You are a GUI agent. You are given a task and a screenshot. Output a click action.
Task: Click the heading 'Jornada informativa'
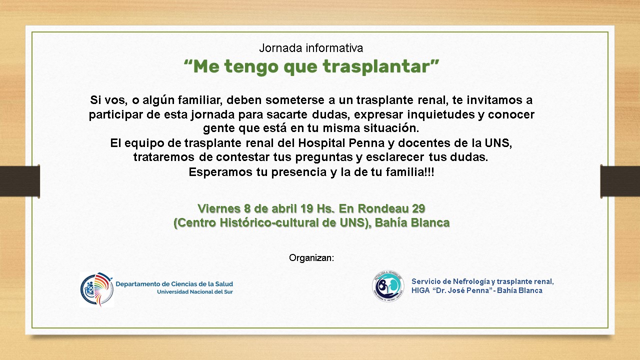(x=311, y=48)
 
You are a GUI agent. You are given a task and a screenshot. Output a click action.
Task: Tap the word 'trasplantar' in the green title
(x=376, y=66)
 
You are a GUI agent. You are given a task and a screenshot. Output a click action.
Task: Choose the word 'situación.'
(x=391, y=128)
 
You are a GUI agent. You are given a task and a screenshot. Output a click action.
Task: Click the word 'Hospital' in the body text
(x=321, y=143)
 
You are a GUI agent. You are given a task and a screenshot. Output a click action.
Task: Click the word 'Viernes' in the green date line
(x=219, y=208)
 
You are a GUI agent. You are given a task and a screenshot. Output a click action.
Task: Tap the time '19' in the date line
(x=307, y=208)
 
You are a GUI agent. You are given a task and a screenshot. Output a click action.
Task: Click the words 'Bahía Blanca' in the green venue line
(x=412, y=222)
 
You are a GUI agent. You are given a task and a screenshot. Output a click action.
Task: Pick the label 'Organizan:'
(x=311, y=258)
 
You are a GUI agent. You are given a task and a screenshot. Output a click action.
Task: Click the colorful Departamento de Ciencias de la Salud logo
(x=96, y=289)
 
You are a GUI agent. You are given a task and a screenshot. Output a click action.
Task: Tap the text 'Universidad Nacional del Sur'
(x=195, y=292)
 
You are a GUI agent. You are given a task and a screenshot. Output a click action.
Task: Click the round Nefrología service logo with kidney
(x=388, y=286)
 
